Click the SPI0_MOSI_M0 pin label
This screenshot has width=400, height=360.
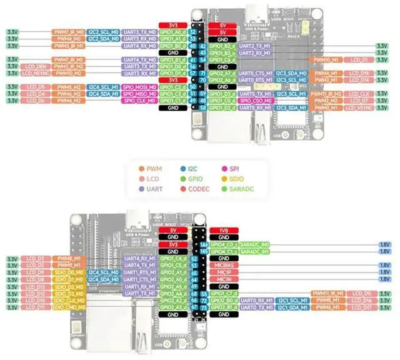138,87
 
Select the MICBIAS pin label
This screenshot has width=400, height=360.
222,265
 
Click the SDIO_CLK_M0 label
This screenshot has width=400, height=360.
67,300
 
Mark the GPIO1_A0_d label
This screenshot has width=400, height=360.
172,32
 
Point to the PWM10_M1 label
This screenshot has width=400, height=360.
326,59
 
